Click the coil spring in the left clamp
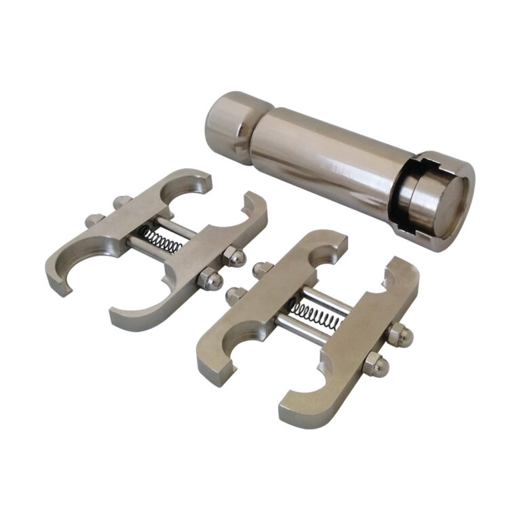163,239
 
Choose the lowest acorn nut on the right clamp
374,366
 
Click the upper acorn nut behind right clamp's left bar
261,269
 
